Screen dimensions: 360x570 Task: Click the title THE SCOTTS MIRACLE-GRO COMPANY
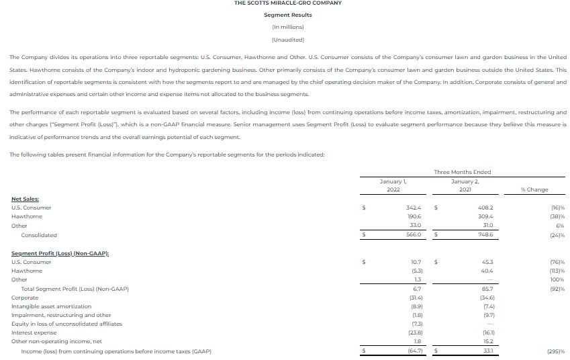[287, 3]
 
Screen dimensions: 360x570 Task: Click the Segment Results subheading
[287, 15]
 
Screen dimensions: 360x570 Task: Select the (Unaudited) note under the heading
[287, 39]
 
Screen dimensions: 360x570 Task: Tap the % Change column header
[534, 189]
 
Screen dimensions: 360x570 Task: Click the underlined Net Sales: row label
[26, 199]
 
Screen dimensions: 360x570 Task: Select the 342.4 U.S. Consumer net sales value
[413, 208]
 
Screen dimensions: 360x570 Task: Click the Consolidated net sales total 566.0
[413, 235]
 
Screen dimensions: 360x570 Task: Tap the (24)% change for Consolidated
[557, 235]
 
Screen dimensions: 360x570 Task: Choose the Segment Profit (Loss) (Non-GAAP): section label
[60, 253]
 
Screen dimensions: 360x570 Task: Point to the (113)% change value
[557, 271]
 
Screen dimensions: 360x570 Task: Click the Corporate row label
[26, 298]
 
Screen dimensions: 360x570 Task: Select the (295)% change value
[555, 351]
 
